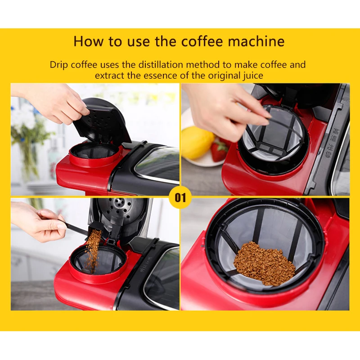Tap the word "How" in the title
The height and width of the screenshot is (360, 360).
[x=88, y=41]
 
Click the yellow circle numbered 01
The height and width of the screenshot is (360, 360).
[x=180, y=198]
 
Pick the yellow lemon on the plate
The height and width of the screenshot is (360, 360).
[x=198, y=142]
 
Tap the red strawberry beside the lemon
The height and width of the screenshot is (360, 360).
[x=219, y=150]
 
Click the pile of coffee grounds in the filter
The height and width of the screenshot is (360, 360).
[x=264, y=264]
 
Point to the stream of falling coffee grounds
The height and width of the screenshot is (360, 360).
[x=94, y=250]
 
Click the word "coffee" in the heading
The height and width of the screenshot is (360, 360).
[x=202, y=41]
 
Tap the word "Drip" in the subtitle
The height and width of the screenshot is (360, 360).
[x=59, y=65]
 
